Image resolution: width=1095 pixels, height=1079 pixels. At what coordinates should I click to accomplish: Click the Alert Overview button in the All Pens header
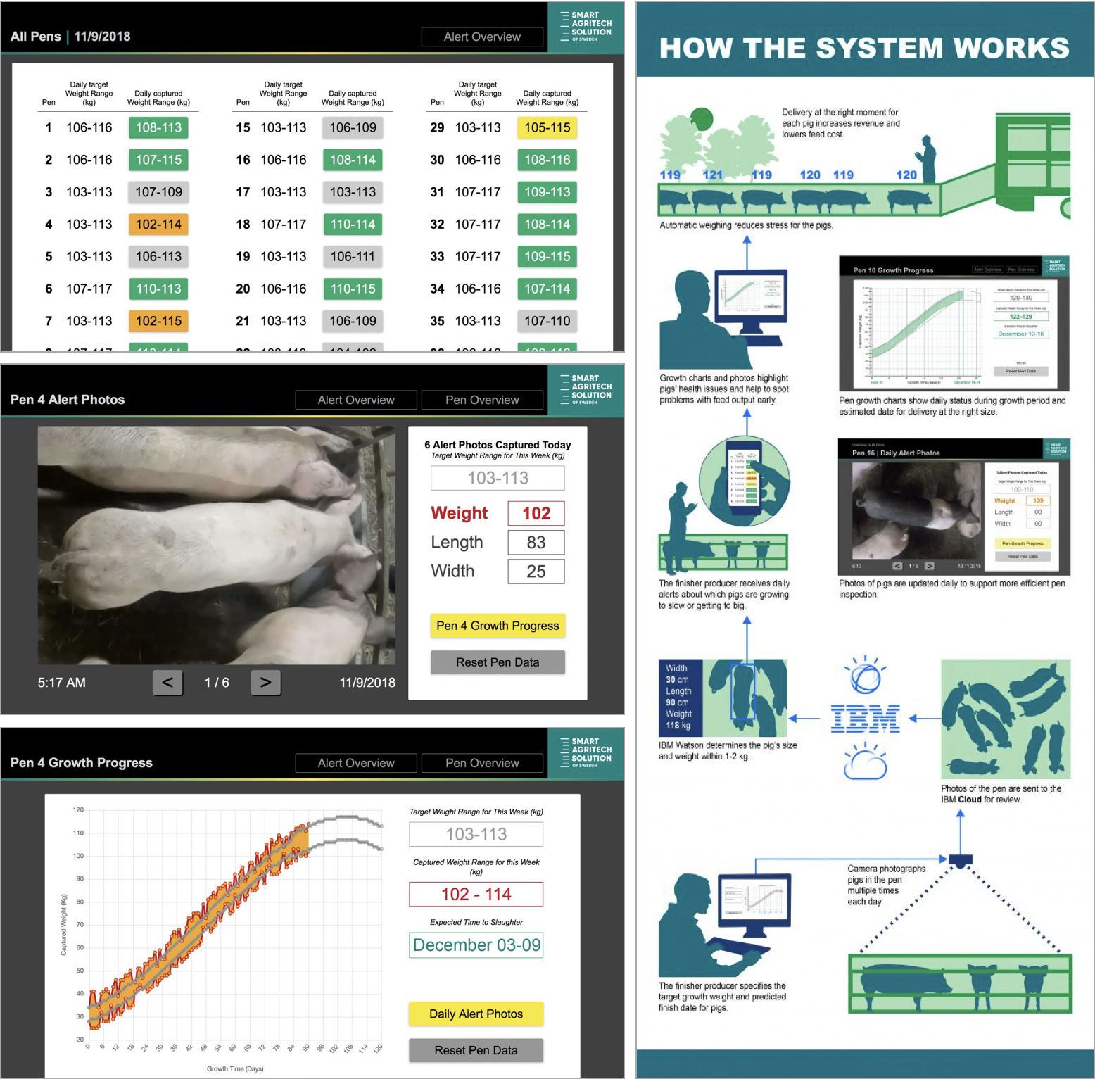pyautogui.click(x=482, y=37)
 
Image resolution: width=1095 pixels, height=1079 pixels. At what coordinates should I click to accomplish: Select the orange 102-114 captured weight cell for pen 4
pyautogui.click(x=158, y=225)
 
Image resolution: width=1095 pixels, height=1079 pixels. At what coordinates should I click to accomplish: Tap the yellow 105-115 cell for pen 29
pyautogui.click(x=547, y=127)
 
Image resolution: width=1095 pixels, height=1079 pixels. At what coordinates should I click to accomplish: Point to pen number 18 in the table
pyautogui.click(x=243, y=225)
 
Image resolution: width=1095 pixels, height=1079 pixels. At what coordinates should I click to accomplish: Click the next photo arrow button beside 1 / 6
pyautogui.click(x=265, y=682)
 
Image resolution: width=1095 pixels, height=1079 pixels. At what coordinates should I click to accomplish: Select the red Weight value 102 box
pyautogui.click(x=536, y=513)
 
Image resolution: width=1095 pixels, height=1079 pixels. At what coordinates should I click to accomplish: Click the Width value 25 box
pyautogui.click(x=536, y=572)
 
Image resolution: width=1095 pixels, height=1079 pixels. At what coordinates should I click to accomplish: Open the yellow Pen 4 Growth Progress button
pyautogui.click(x=498, y=626)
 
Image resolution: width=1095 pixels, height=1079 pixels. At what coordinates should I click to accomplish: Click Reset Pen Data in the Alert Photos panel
pyautogui.click(x=498, y=662)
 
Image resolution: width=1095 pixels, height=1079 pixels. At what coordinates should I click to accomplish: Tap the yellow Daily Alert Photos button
pyautogui.click(x=476, y=1014)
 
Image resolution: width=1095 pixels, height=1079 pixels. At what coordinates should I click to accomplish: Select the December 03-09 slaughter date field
pyautogui.click(x=476, y=945)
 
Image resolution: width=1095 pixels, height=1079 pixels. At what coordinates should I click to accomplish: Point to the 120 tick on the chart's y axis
pyautogui.click(x=78, y=810)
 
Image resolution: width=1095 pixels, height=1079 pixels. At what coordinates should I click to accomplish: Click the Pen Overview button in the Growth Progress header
pyautogui.click(x=482, y=763)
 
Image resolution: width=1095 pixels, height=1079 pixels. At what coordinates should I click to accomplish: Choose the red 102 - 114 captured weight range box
pyautogui.click(x=476, y=894)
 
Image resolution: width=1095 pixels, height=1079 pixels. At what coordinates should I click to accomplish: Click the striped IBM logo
pyautogui.click(x=865, y=719)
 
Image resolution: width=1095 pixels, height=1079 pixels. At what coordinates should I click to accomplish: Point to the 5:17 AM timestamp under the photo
pyautogui.click(x=62, y=683)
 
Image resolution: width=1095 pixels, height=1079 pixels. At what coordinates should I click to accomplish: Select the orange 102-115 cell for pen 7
pyautogui.click(x=158, y=321)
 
